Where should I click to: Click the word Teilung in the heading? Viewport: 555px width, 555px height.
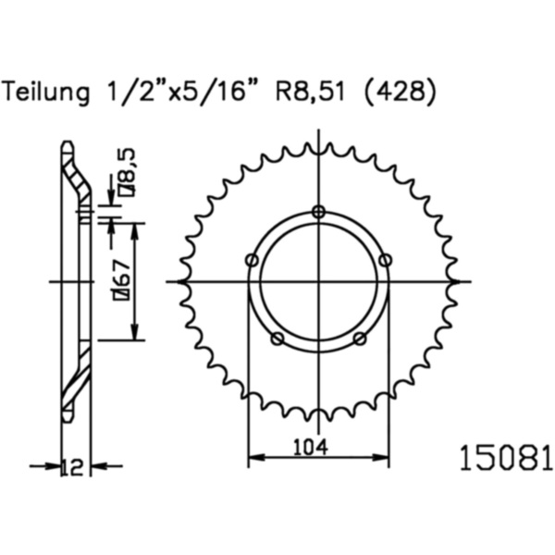click(x=45, y=92)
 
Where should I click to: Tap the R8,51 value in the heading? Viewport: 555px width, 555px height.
click(x=310, y=92)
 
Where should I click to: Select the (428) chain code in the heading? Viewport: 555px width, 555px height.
click(x=400, y=93)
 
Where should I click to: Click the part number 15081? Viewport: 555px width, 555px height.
click(x=506, y=459)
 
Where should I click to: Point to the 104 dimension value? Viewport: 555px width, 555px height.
click(x=311, y=448)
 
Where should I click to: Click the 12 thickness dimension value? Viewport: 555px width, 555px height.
click(x=72, y=467)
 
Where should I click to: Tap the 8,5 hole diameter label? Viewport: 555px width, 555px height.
click(x=127, y=172)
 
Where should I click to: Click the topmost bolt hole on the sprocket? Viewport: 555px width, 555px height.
click(x=319, y=212)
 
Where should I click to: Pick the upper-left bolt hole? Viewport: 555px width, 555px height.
click(x=252, y=261)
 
